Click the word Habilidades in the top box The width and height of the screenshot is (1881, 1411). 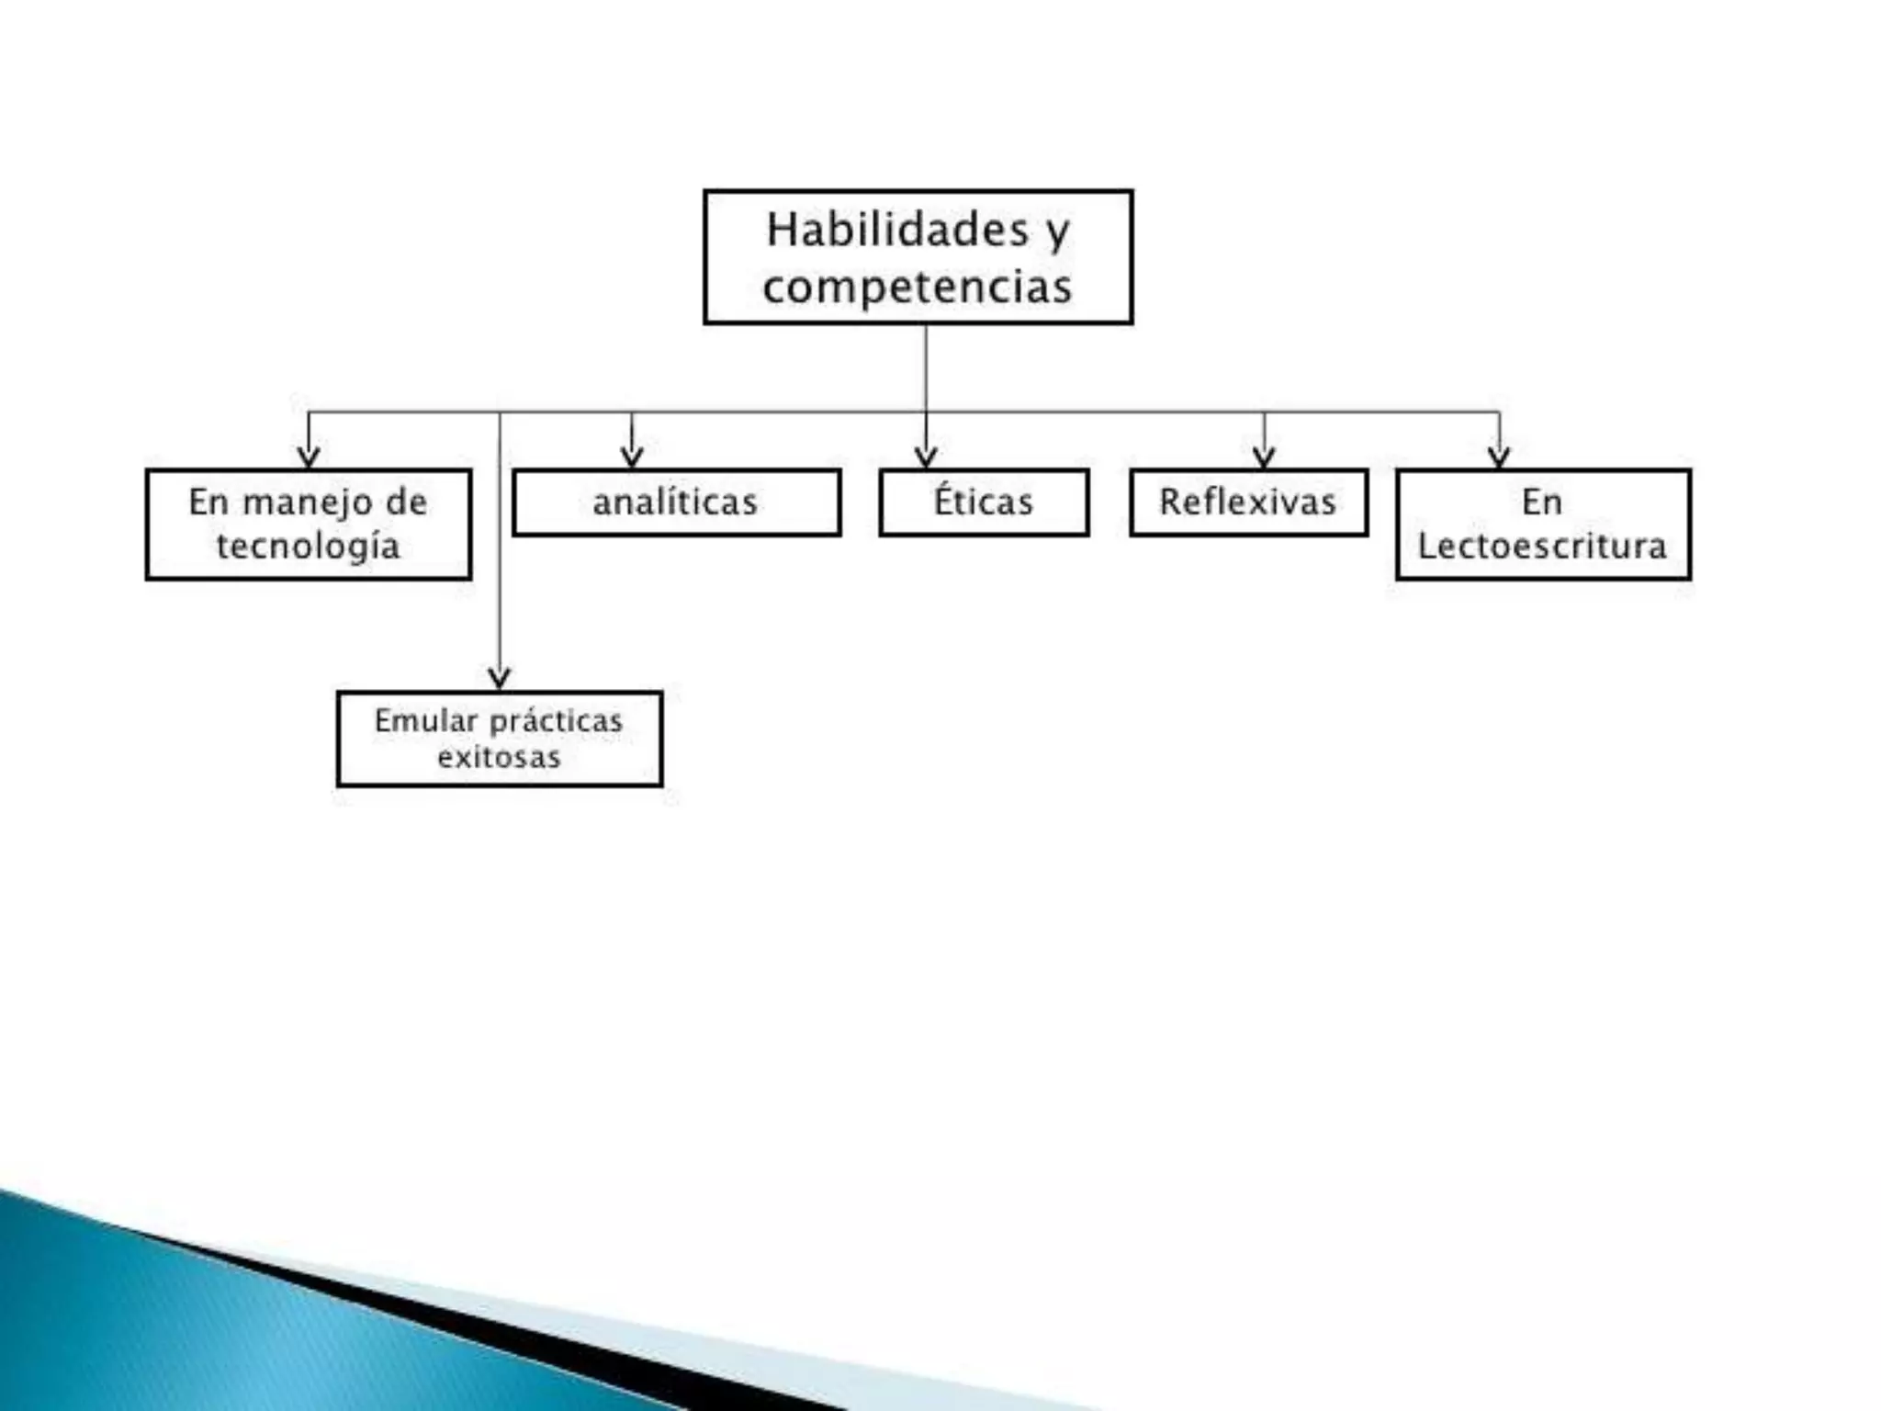[x=896, y=230]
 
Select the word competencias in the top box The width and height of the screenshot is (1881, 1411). [x=917, y=287]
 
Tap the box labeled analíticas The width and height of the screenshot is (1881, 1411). [x=676, y=502]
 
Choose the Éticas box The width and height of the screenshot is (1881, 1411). [x=984, y=502]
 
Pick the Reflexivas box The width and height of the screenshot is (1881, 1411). [x=1248, y=502]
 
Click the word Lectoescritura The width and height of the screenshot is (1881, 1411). [x=1542, y=546]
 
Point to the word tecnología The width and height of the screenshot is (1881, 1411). [x=309, y=547]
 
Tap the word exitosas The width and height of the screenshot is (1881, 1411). [x=499, y=758]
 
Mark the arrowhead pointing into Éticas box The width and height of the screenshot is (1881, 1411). [x=926, y=457]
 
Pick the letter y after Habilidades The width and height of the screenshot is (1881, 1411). [x=1057, y=231]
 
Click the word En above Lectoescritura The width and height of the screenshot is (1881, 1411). [x=1541, y=502]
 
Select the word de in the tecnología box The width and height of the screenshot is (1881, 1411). [x=406, y=502]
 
